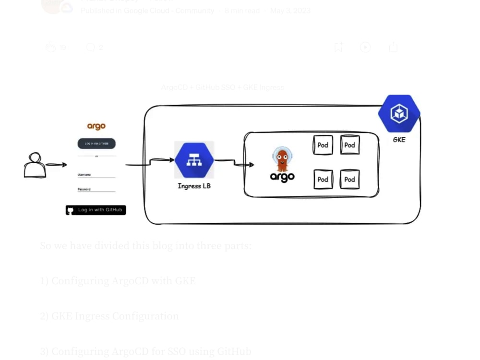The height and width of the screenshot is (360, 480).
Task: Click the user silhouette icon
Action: (35, 166)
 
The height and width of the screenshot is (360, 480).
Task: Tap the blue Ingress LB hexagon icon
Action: (194, 160)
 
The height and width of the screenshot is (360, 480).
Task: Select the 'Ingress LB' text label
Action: (194, 186)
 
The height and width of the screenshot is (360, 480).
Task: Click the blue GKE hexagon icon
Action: (399, 114)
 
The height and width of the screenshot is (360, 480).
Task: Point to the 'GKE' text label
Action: (399, 140)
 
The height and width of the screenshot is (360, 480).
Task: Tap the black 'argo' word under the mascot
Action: (282, 177)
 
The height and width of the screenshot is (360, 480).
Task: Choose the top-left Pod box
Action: (323, 145)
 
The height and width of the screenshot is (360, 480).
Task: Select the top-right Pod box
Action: (349, 145)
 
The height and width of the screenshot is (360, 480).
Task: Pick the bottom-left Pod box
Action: (323, 180)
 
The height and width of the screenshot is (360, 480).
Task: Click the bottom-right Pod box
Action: (349, 180)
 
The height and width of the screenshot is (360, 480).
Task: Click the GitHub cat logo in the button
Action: (71, 210)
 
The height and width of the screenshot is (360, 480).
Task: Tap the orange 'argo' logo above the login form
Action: (96, 126)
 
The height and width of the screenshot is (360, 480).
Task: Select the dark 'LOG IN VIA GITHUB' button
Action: (96, 144)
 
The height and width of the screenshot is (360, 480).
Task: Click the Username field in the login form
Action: (96, 175)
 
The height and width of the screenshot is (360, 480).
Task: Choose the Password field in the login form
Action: (96, 190)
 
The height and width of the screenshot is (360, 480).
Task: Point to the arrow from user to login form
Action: (56, 165)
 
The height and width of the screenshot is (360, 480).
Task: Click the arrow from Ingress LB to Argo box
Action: (235, 163)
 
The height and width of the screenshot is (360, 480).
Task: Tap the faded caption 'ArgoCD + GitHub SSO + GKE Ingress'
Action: (223, 87)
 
